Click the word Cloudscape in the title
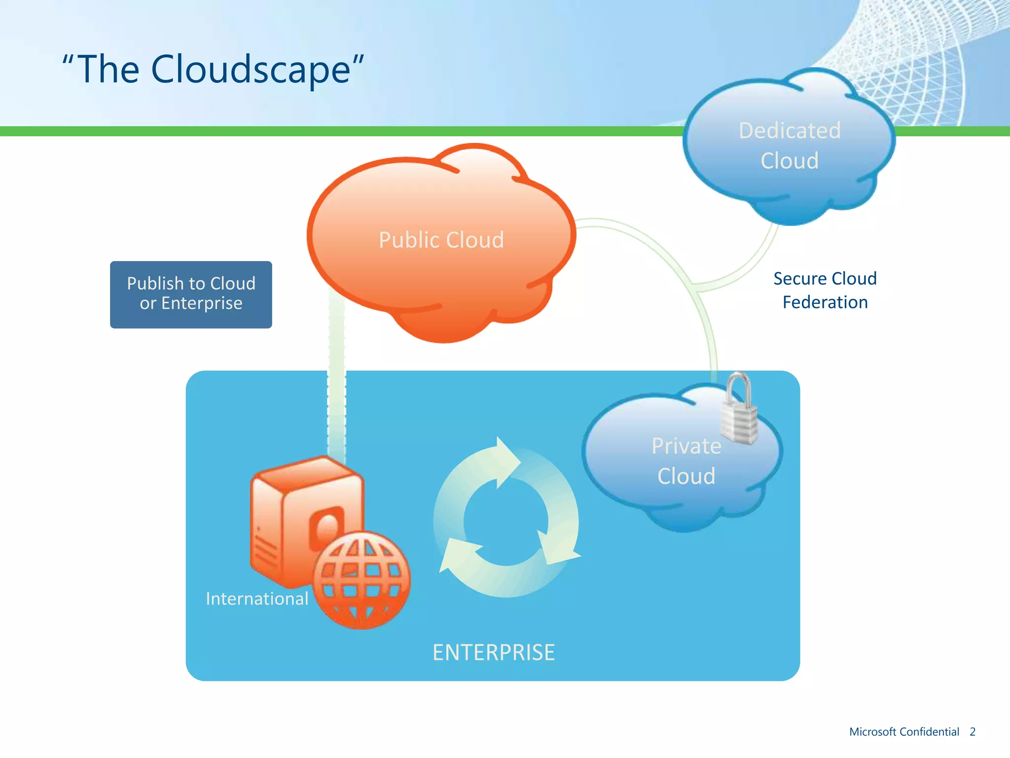coord(251,70)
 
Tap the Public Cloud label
coord(441,240)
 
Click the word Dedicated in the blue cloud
coord(790,131)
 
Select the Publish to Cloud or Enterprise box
coord(191,295)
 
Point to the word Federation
coord(825,303)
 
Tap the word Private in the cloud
coord(686,446)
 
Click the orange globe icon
coord(361,580)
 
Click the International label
coord(257,599)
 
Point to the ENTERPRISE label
coord(494,652)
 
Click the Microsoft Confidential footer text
coord(904,732)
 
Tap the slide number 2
coord(973,732)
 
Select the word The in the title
coord(108,70)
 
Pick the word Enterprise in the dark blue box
coord(202,303)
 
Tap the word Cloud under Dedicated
coord(790,161)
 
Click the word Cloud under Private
coord(686,476)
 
